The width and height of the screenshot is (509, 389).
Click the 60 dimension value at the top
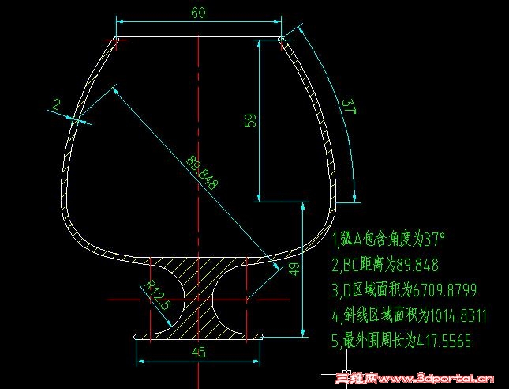pos(198,13)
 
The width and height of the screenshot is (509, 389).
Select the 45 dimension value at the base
pos(198,353)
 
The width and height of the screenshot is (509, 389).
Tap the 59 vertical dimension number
pos(252,120)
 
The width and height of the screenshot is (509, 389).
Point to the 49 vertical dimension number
pos(294,270)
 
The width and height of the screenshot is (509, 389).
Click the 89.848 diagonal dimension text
pos(202,173)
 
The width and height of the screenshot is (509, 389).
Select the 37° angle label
pos(349,107)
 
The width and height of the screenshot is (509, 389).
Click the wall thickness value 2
pos(56,104)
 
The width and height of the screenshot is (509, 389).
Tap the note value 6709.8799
pos(444,290)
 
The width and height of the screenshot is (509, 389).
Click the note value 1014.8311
pos(458,315)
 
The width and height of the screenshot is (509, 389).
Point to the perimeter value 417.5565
pos(444,342)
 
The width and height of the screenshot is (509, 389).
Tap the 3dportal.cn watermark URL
pos(434,379)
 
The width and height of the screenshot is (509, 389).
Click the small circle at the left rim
pos(116,40)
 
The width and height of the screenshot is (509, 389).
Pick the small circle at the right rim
pos(281,40)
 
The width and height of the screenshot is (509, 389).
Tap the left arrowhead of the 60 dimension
pos(120,21)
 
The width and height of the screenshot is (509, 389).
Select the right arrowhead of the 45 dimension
pos(256,361)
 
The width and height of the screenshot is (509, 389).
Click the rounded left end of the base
pos(136,337)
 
